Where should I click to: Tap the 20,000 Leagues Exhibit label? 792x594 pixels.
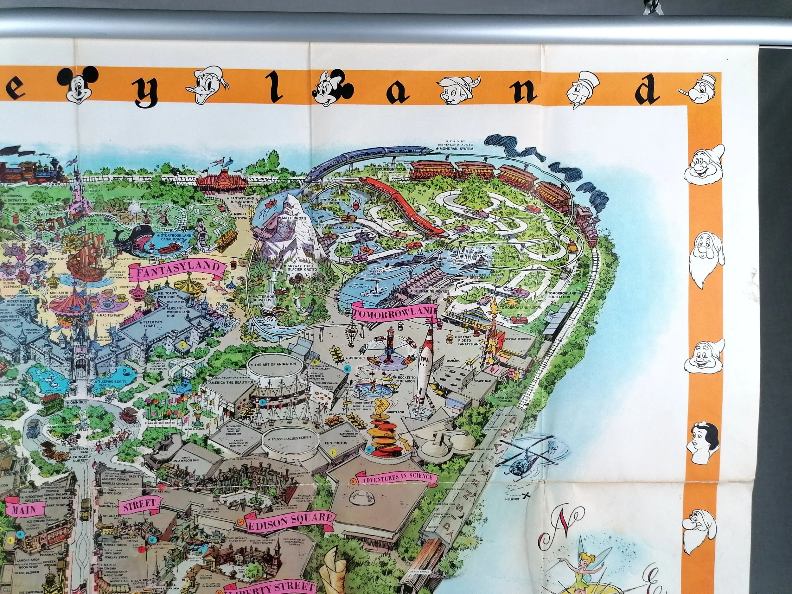(287, 438)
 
